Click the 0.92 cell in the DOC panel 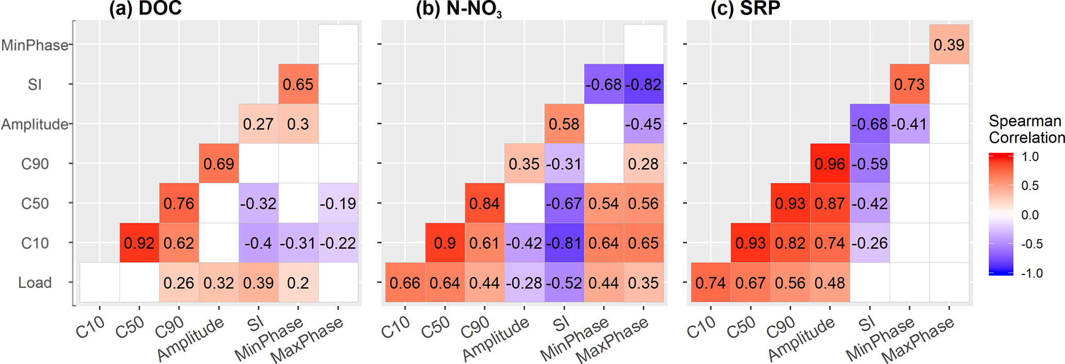139,243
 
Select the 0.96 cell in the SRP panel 830,164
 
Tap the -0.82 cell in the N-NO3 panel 644,84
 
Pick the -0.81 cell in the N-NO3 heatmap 564,243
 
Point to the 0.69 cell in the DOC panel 219,164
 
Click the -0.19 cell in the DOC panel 338,203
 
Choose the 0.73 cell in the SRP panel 909,84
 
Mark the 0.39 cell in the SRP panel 949,45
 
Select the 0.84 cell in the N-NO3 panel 485,203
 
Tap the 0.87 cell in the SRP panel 830,203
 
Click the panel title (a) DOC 145,8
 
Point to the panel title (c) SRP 745,8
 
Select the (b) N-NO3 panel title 459,9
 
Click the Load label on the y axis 35,283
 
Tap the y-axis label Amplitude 35,124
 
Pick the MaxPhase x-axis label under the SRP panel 918,340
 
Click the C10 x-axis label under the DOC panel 91,327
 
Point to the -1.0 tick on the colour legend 1031,273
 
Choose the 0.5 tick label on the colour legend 1030,186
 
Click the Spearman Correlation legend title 1026,129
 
